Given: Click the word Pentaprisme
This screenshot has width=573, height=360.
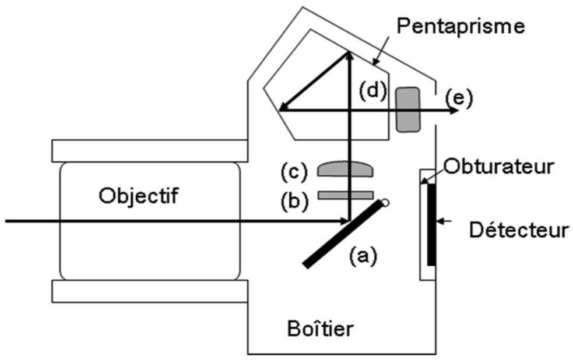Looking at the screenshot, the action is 460,26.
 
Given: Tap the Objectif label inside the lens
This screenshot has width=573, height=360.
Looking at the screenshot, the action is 139,196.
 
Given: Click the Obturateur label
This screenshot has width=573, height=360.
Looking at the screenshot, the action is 498,167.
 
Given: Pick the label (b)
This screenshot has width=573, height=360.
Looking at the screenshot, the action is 294,200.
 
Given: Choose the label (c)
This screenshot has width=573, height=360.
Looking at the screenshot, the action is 294,172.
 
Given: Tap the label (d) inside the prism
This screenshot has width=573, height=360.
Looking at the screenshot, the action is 372,90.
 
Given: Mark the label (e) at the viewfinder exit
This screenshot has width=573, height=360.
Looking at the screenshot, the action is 459,98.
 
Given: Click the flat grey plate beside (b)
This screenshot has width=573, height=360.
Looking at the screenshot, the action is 346,195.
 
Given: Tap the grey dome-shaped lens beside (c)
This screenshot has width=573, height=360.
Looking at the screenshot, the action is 346,169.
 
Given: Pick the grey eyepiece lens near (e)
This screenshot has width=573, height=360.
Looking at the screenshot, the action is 408,110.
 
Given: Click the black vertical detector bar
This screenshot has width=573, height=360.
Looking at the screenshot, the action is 431,224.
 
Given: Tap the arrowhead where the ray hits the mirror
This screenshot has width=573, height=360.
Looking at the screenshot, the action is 344,221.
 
